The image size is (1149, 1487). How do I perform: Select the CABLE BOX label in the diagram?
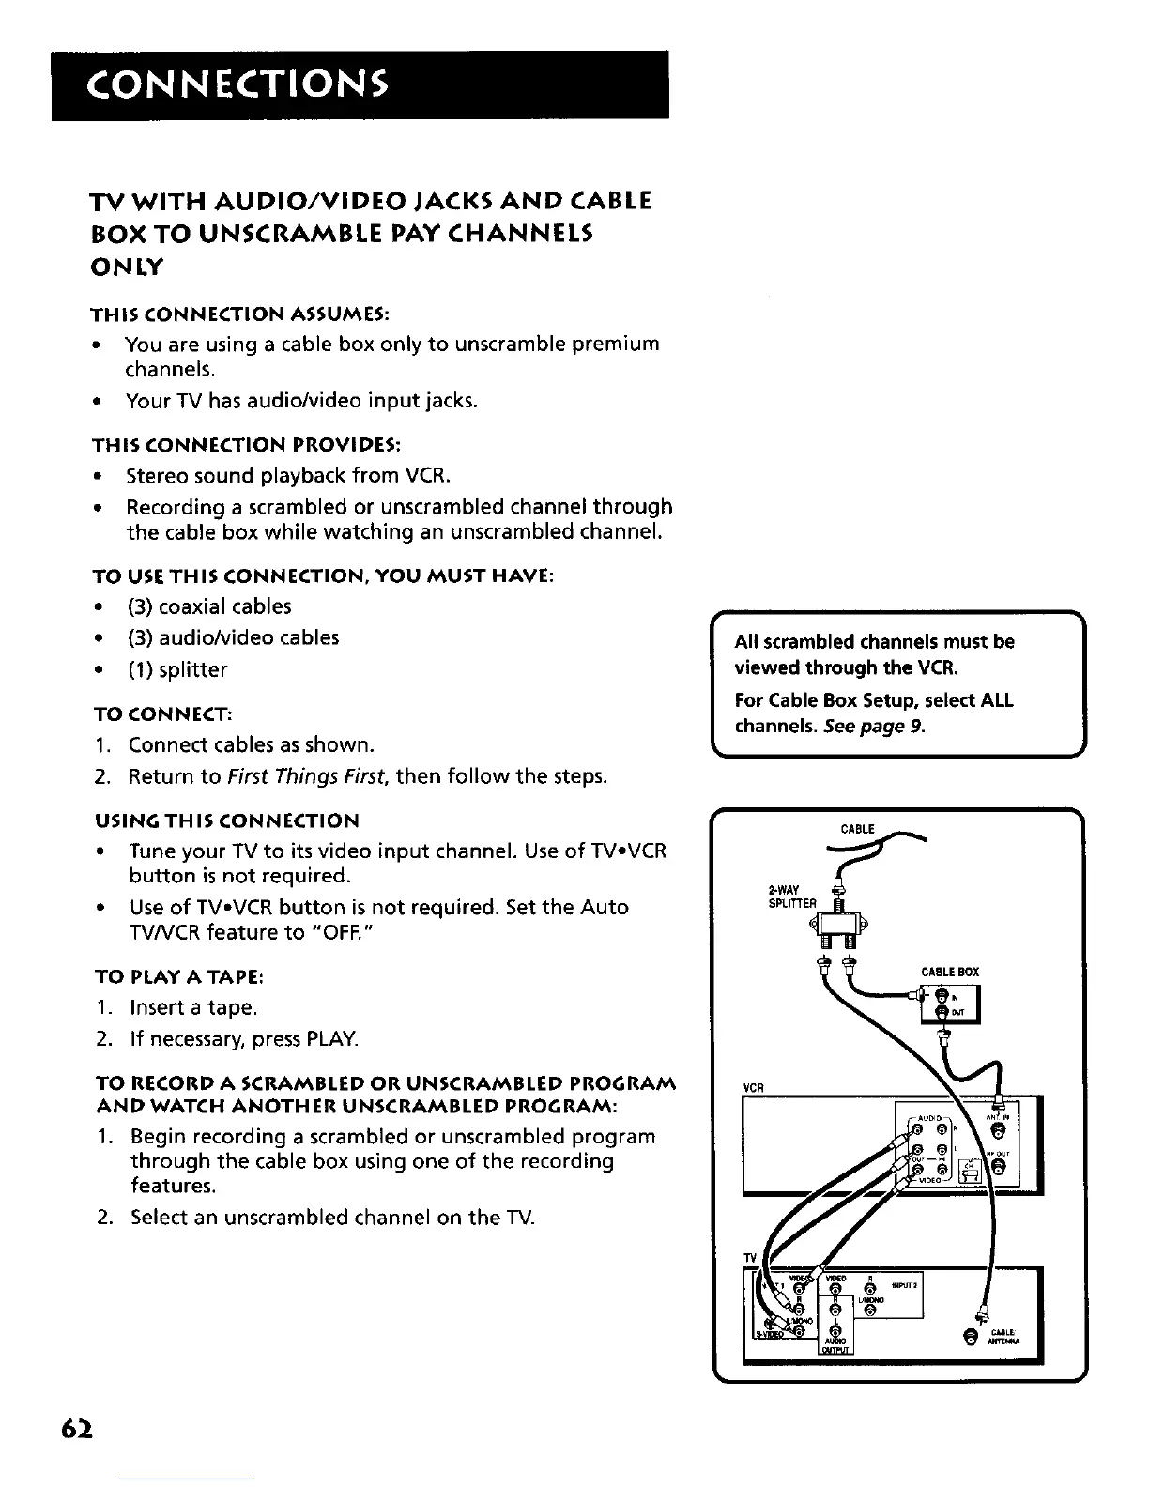(x=950, y=972)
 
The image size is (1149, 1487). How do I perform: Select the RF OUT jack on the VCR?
(x=999, y=1167)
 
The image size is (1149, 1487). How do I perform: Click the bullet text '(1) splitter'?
(x=177, y=669)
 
